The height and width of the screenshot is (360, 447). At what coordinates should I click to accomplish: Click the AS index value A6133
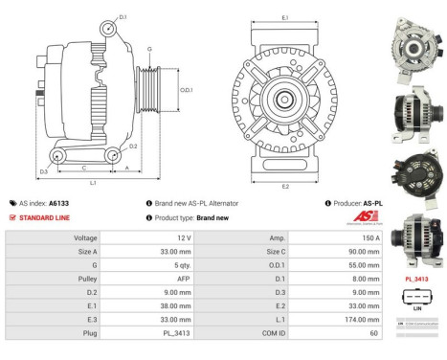tap(59, 203)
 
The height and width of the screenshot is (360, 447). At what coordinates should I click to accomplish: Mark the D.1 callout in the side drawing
tap(123, 16)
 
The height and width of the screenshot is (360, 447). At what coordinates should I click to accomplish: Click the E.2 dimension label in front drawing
tap(284, 186)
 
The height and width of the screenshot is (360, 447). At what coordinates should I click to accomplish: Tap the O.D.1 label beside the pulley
tap(187, 91)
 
